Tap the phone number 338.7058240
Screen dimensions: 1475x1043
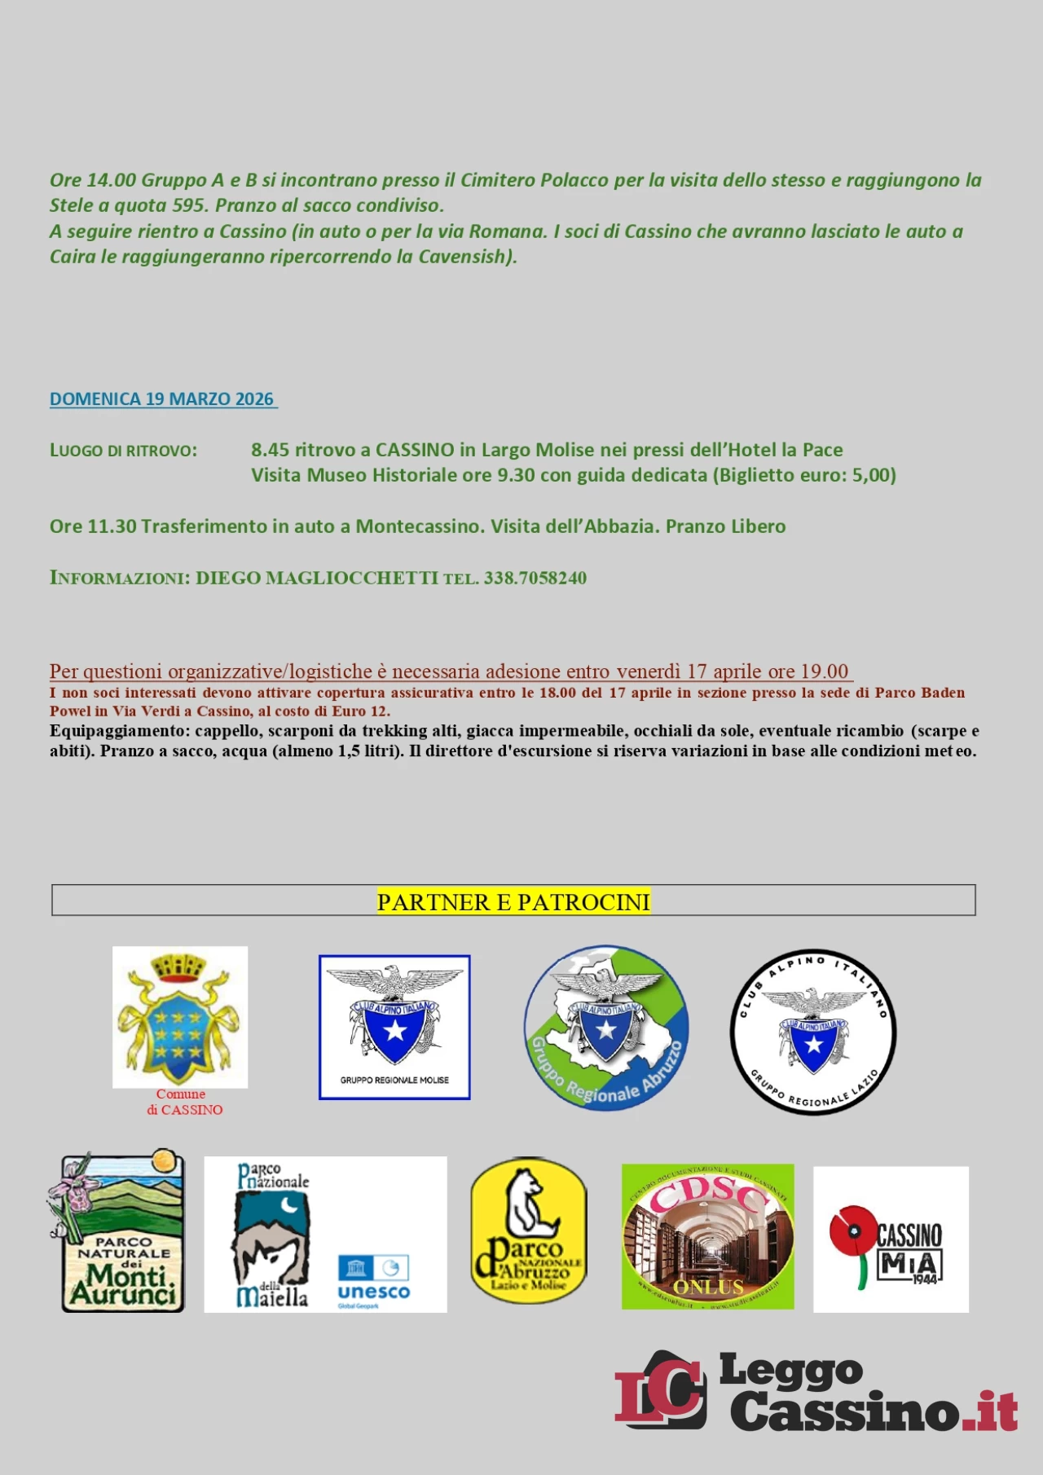pyautogui.click(x=535, y=578)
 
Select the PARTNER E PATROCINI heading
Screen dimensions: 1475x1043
pyautogui.click(x=513, y=902)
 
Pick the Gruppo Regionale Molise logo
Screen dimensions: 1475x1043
pyautogui.click(x=394, y=1027)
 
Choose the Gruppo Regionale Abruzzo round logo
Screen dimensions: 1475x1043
pyautogui.click(x=606, y=1028)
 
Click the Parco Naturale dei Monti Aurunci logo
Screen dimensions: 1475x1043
pyautogui.click(x=122, y=1231)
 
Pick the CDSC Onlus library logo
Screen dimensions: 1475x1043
pyautogui.click(x=707, y=1236)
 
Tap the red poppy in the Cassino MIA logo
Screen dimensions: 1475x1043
pyautogui.click(x=852, y=1233)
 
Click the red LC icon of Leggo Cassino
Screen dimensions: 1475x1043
pyautogui.click(x=660, y=1390)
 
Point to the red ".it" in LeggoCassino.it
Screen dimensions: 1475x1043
pyautogui.click(x=991, y=1411)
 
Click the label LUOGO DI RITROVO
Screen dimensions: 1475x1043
pyautogui.click(x=123, y=451)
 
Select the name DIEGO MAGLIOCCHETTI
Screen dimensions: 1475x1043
pyautogui.click(x=317, y=578)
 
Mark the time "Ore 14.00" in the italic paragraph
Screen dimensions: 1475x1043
pyautogui.click(x=92, y=180)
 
